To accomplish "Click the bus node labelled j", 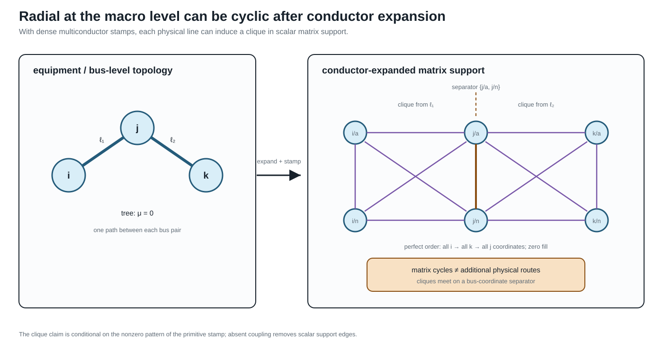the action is pyautogui.click(x=137, y=128).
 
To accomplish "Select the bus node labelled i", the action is pyautogui.click(x=69, y=175).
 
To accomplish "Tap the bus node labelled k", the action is pyautogui.click(x=206, y=175).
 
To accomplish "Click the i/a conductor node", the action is pyautogui.click(x=355, y=133).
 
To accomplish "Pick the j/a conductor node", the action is pyautogui.click(x=476, y=133).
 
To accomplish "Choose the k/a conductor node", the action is pyautogui.click(x=597, y=133).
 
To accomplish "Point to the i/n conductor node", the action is pyautogui.click(x=355, y=220).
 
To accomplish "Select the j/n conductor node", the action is pyautogui.click(x=476, y=220).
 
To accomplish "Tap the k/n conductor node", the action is pyautogui.click(x=597, y=220).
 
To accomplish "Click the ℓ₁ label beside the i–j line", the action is pyautogui.click(x=102, y=140).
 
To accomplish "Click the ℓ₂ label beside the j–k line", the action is pyautogui.click(x=173, y=140).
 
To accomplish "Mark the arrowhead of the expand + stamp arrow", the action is pyautogui.click(x=295, y=175).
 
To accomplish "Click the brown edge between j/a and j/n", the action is pyautogui.click(x=476, y=176).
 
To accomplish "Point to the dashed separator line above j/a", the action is pyautogui.click(x=476, y=104).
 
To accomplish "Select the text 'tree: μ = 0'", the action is pyautogui.click(x=137, y=213).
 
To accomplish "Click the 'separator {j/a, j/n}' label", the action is pyautogui.click(x=476, y=87).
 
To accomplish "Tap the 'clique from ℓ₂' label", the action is pyautogui.click(x=536, y=105).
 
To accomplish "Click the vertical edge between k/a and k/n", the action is pyautogui.click(x=597, y=176).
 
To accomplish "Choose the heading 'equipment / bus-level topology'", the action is pyautogui.click(x=103, y=71).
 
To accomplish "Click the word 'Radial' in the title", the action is pyautogui.click(x=39, y=16).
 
